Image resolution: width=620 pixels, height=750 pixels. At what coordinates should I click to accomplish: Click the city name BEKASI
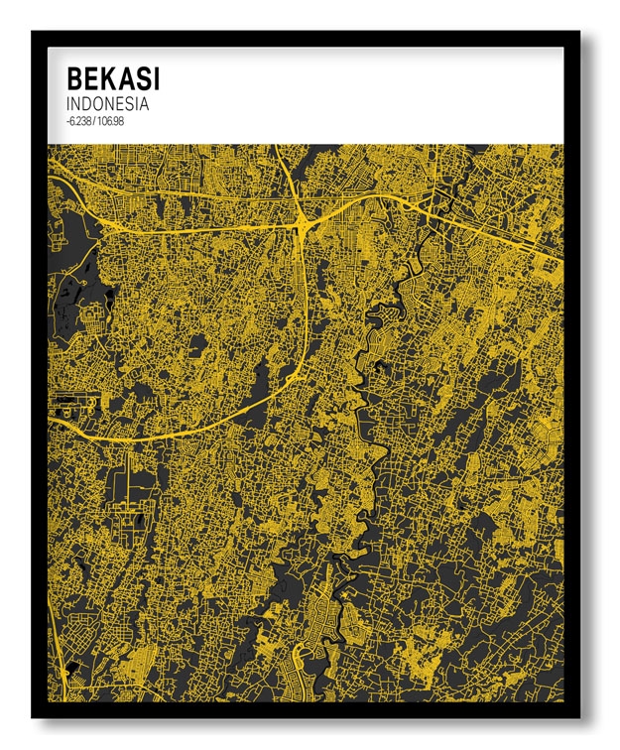[113, 78]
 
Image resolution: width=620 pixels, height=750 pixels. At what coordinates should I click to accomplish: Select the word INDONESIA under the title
[107, 103]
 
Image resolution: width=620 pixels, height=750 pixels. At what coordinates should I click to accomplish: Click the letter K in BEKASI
[106, 78]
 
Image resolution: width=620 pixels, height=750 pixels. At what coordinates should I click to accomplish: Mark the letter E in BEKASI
[90, 78]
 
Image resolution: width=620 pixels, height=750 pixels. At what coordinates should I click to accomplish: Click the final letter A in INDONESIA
[144, 103]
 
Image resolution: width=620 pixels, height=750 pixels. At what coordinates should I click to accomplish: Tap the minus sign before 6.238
[65, 120]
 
